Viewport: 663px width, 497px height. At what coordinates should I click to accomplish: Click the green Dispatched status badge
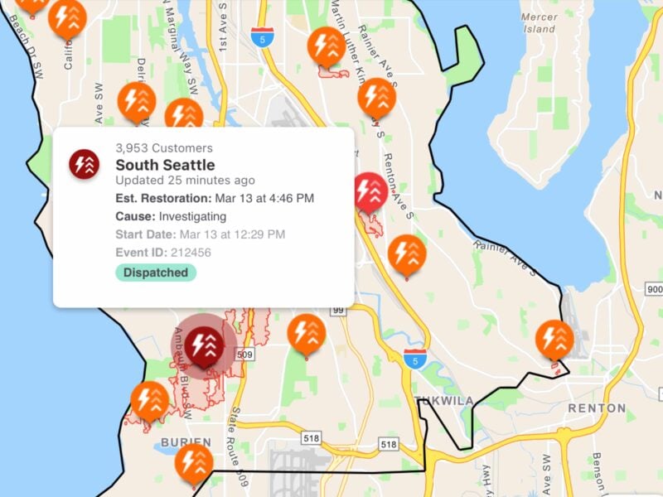[156, 273]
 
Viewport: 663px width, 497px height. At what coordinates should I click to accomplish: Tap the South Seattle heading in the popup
[165, 165]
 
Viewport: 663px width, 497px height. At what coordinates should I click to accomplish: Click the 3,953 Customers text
[164, 148]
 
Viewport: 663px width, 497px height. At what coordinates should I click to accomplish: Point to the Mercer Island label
[540, 22]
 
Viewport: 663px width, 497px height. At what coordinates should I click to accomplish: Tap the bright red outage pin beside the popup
[370, 192]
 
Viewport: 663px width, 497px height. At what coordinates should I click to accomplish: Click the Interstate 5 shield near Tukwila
[416, 359]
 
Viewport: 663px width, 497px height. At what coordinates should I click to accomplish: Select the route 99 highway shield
[338, 310]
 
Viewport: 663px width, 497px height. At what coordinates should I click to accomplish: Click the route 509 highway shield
[244, 355]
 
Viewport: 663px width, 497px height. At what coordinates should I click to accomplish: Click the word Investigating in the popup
[192, 216]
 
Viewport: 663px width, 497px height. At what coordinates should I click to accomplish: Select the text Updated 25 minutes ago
[185, 180]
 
